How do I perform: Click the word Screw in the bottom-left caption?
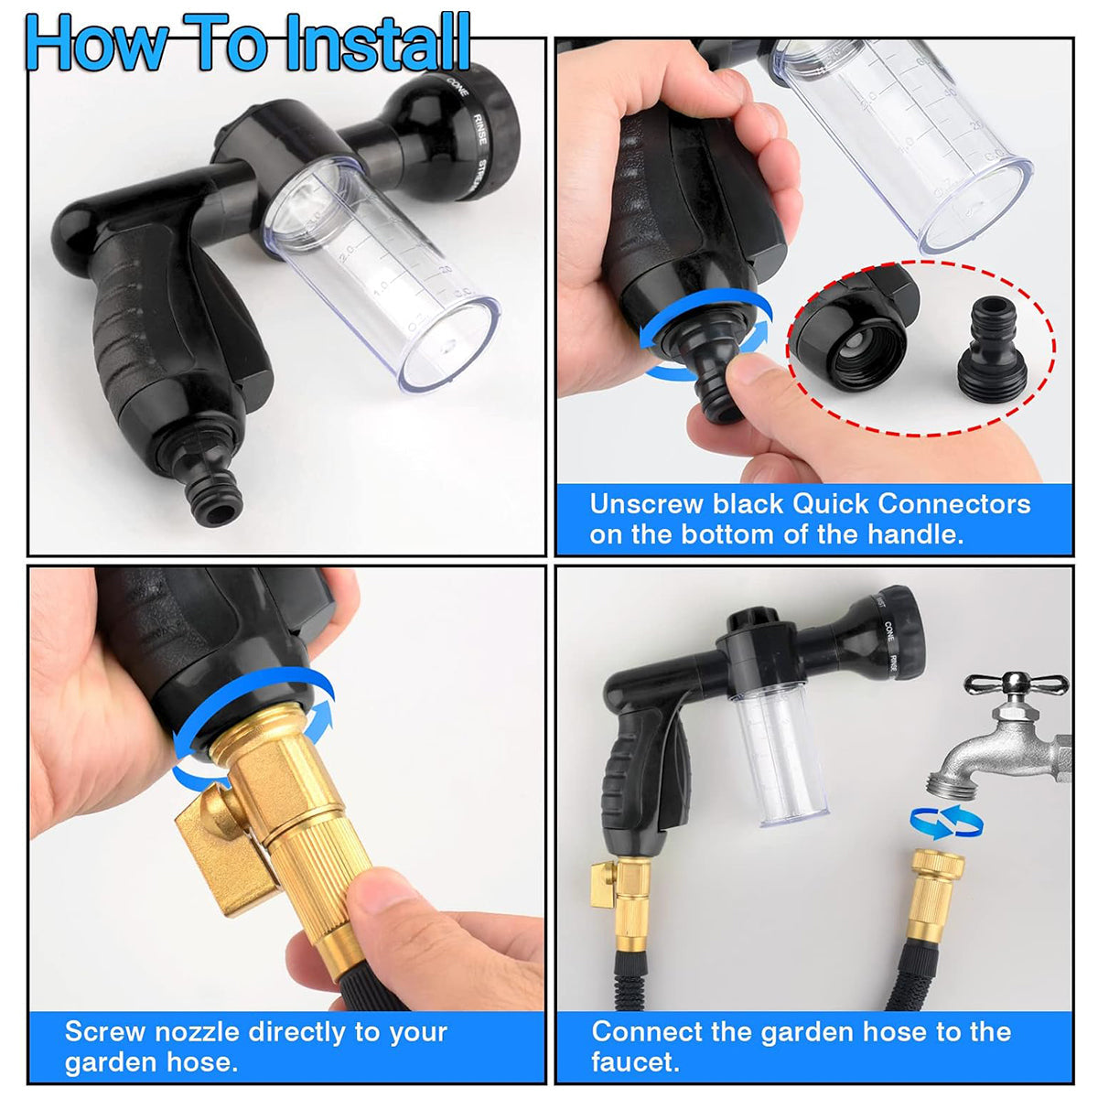click(105, 1032)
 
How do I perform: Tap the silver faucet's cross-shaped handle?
click(1016, 684)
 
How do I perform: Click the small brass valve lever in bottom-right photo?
click(605, 884)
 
